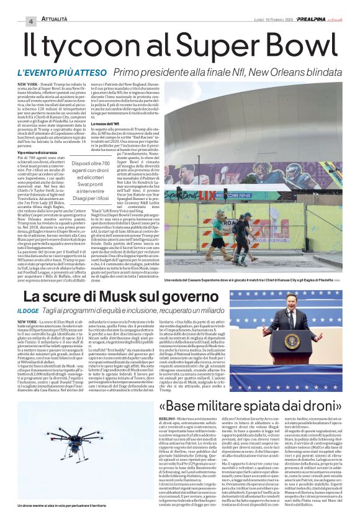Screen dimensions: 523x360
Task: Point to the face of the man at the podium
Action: [x=291, y=304]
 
